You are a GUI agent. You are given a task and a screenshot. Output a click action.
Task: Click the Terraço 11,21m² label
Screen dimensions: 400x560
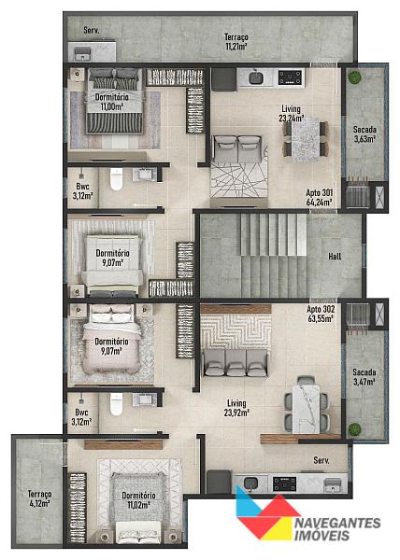(236, 42)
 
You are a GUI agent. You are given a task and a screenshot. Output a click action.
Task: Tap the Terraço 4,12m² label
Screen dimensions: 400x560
(39, 499)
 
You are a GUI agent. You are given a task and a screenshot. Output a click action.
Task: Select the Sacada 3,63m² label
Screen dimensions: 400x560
(364, 134)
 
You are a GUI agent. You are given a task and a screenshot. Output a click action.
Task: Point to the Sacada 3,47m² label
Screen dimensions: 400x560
(364, 377)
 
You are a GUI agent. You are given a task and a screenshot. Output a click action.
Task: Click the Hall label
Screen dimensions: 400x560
(335, 256)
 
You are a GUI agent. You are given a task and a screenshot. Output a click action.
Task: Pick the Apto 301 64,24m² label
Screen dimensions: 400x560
(319, 198)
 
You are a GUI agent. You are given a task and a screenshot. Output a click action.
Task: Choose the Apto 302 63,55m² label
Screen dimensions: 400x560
(321, 314)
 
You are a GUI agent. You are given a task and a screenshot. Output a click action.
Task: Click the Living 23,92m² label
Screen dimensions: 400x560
(236, 408)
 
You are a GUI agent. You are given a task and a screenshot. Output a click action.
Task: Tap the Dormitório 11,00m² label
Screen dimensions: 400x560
(112, 102)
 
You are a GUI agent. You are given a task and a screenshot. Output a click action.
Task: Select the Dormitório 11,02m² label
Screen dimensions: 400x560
(138, 500)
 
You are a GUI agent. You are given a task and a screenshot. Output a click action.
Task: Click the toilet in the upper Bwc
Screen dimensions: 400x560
(116, 179)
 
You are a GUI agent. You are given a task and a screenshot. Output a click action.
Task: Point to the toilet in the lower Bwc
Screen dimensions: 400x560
(116, 404)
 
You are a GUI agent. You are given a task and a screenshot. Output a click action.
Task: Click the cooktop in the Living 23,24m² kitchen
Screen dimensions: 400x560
(290, 77)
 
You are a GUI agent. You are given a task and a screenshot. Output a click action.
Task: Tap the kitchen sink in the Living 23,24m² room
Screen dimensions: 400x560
(255, 77)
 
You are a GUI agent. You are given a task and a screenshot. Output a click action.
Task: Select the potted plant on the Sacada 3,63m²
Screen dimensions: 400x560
(355, 77)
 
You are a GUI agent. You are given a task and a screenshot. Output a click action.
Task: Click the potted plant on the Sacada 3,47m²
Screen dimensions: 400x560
(354, 429)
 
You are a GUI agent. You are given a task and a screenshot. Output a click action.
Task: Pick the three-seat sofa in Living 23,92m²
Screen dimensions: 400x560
(236, 363)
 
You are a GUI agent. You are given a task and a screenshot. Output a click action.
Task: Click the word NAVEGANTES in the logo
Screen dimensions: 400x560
(337, 524)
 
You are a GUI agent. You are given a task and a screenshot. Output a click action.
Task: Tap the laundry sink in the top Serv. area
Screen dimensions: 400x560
(82, 54)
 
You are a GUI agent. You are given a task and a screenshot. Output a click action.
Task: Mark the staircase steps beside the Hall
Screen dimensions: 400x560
(274, 256)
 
